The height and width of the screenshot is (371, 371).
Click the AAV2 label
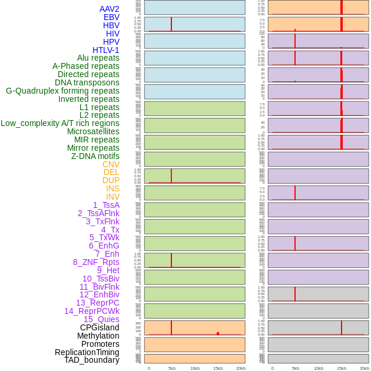coord(109,9)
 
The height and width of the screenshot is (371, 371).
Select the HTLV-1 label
coord(105,50)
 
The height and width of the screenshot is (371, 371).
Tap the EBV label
coord(111,17)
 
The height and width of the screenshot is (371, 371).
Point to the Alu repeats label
coord(98,58)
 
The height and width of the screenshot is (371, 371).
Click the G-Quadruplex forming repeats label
coord(62,91)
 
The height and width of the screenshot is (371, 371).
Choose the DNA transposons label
coord(87,82)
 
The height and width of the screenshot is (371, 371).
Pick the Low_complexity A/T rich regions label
coord(60,123)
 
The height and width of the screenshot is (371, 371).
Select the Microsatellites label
coord(93,131)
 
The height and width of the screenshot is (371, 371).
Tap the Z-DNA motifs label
coord(95,156)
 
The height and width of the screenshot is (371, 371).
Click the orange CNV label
coord(111,164)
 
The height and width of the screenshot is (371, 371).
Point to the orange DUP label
coord(111,180)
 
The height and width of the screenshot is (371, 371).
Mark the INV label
coord(112,197)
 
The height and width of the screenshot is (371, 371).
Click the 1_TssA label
coord(106,205)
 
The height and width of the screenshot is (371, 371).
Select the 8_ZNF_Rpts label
coord(96,262)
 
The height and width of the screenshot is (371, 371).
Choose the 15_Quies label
coord(101,319)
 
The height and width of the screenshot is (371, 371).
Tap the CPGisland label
coord(100,327)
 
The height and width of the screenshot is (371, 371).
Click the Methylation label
coord(98,336)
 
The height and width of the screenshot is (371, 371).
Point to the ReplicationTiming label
coord(87,352)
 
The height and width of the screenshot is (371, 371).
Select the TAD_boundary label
coord(92,360)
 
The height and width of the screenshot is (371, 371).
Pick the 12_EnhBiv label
coord(100,294)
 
